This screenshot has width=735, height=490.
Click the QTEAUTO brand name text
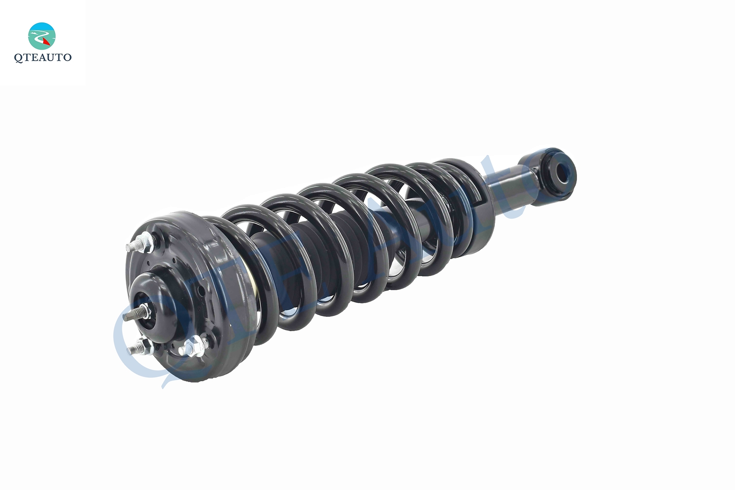point(43,57)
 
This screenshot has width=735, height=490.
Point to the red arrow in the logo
point(46,40)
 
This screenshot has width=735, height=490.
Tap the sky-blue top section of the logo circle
point(42,27)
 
